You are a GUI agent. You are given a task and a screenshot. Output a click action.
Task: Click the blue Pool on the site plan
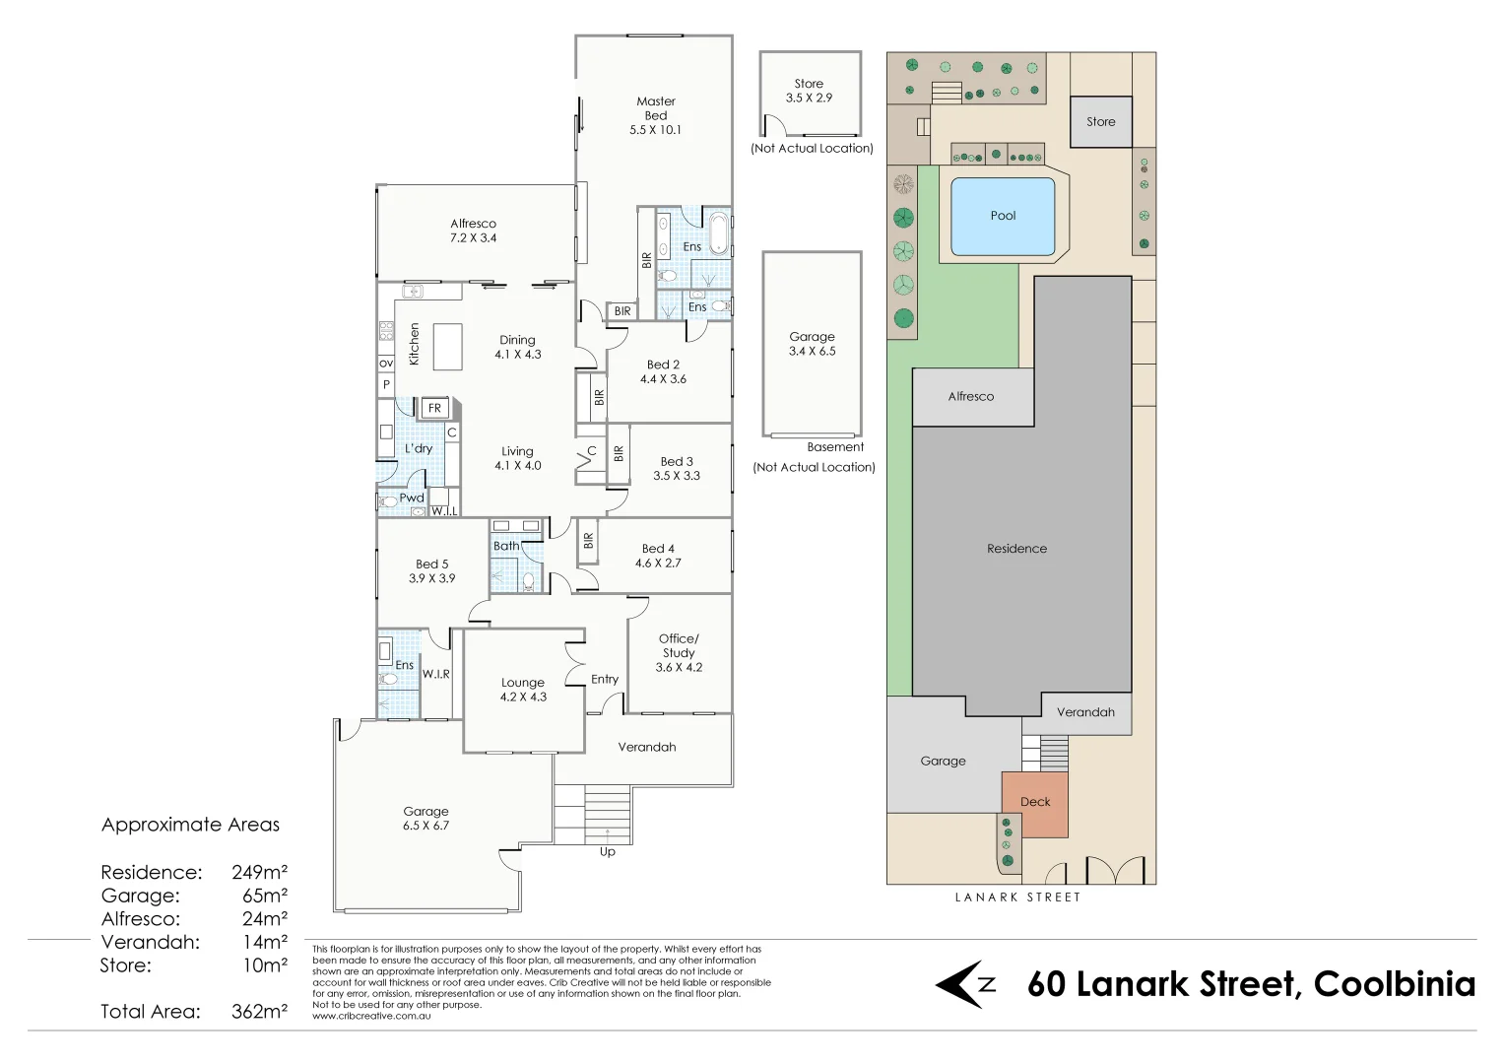(1003, 217)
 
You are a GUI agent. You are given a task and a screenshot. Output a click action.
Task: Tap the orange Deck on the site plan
(1034, 805)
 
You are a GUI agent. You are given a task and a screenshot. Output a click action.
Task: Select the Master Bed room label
(656, 115)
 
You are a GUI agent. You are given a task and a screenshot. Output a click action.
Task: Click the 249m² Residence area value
(259, 873)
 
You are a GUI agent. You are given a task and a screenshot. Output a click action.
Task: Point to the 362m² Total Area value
(259, 1012)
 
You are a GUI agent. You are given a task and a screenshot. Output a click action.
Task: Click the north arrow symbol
(965, 984)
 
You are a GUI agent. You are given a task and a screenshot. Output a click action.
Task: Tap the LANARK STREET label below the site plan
(1017, 898)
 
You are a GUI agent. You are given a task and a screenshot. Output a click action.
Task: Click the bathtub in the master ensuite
(719, 233)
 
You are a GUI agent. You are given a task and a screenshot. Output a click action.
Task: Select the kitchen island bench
(447, 347)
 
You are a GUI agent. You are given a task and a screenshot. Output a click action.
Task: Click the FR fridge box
(434, 408)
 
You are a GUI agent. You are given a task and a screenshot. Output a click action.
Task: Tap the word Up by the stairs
(608, 852)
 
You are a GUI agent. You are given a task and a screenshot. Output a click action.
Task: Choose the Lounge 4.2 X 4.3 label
(523, 690)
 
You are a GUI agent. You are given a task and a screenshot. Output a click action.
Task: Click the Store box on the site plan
(1100, 121)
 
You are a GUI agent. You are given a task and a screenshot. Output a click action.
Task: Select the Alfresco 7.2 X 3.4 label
(473, 231)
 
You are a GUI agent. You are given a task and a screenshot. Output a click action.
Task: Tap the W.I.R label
(436, 674)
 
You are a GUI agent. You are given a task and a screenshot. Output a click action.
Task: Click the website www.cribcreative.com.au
(371, 1016)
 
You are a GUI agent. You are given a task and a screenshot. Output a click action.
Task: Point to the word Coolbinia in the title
(1395, 984)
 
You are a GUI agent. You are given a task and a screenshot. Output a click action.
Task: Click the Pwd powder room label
(412, 498)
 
